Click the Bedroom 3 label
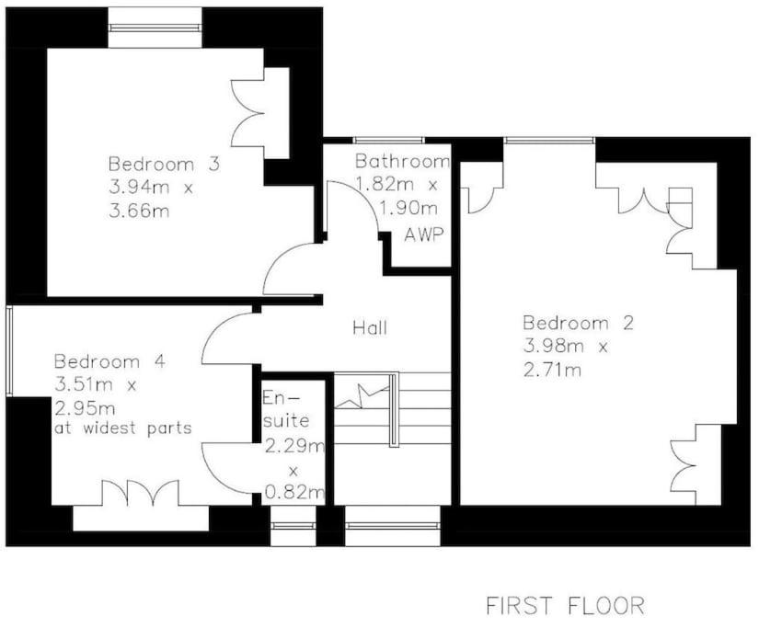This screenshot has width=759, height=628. (164, 164)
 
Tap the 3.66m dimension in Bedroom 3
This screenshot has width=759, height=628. (139, 211)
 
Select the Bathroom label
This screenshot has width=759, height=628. (402, 161)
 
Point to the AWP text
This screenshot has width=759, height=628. (424, 234)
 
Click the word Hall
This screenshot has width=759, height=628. (370, 328)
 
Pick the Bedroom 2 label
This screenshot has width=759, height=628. (578, 323)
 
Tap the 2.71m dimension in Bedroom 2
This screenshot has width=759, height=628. (552, 371)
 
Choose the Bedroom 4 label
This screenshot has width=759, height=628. (109, 361)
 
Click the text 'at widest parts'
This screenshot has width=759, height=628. (123, 428)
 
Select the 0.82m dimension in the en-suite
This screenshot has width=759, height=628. (294, 493)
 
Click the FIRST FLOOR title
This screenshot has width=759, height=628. (566, 606)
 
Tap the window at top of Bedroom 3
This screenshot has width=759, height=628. (155, 29)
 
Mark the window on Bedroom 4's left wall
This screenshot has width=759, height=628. (9, 350)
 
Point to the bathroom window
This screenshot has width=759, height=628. (388, 141)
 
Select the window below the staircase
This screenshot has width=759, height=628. (393, 526)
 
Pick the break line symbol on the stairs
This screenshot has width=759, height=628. (362, 396)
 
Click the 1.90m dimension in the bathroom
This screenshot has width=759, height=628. (408, 209)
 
